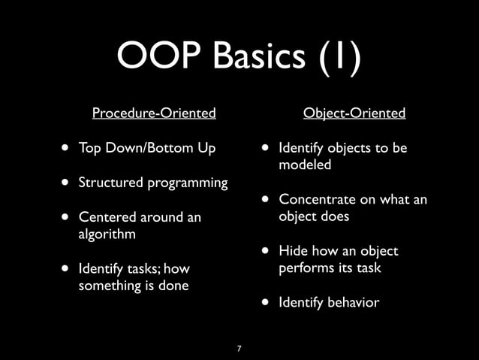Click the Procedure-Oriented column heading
[x=154, y=113]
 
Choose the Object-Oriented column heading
[x=354, y=113]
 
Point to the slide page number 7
[x=239, y=349]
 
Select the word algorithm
[x=107, y=234]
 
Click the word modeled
[x=305, y=165]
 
